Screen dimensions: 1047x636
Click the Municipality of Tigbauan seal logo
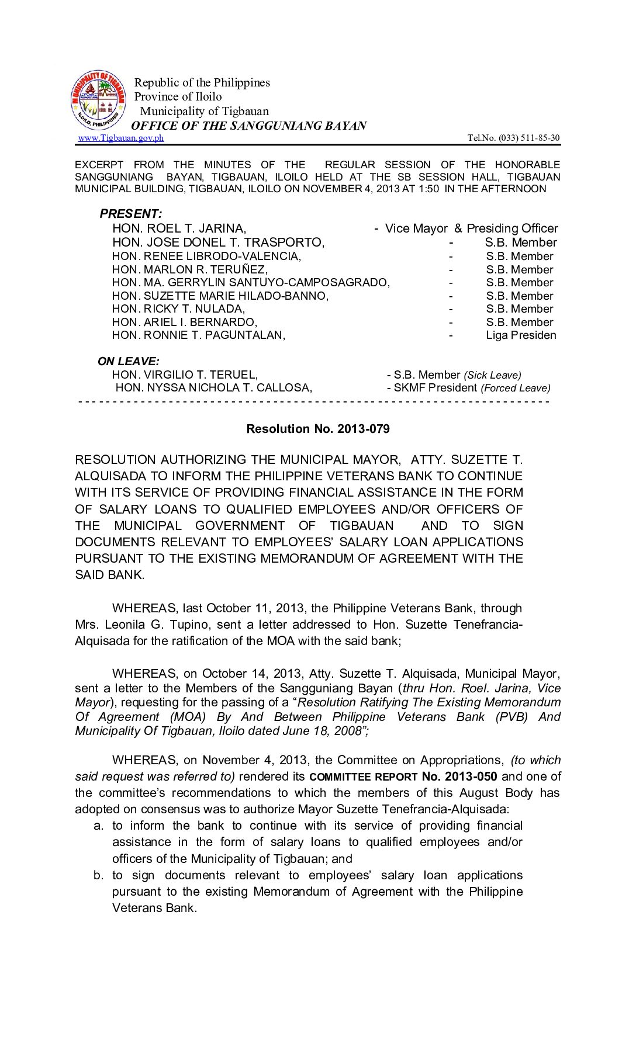pos(98,100)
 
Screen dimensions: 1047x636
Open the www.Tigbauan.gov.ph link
pos(121,138)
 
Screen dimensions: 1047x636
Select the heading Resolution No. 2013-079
pos(318,429)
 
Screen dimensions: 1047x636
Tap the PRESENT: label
pos(131,214)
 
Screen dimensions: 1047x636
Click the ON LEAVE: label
pos(129,362)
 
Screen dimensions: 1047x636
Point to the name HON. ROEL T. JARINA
pos(179,228)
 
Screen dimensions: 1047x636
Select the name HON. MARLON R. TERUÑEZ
pos(190,269)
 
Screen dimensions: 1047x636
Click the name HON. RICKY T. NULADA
pos(179,309)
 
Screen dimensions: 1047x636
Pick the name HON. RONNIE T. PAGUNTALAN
pos(199,335)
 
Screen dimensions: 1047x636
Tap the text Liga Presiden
pos(521,335)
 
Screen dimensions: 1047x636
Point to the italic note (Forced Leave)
pos(515,388)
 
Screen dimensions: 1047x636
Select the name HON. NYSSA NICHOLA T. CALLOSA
pos(213,388)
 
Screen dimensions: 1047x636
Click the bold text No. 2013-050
pos(459,776)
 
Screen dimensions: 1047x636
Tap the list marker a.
pos(98,826)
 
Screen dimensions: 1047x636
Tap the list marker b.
pos(98,875)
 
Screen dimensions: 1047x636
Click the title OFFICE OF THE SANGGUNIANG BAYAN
pos(248,126)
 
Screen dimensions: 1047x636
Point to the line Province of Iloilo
pos(178,96)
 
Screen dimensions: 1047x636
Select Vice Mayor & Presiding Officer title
pos(471,228)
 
